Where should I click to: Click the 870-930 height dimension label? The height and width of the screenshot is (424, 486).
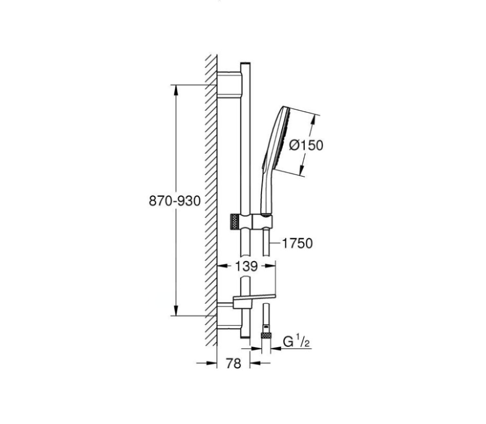175,201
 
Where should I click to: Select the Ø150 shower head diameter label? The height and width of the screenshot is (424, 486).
306,145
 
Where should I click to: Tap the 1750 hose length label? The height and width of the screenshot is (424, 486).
297,244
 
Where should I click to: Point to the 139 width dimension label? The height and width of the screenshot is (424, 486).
247,266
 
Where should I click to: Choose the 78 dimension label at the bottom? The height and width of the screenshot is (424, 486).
233,363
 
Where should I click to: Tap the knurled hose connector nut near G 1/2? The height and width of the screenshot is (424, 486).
266,335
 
